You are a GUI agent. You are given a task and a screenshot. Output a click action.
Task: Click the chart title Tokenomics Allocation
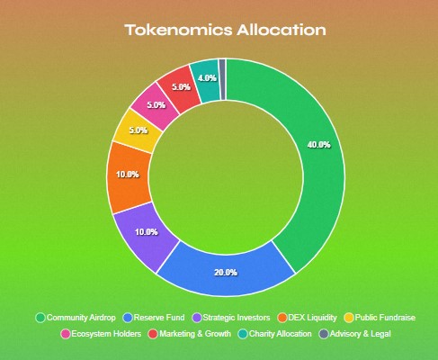click(225, 31)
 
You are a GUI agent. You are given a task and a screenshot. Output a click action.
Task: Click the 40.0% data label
click(318, 144)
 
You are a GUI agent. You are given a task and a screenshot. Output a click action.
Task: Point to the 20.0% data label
click(225, 273)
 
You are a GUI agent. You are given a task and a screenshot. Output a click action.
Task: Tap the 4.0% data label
click(206, 77)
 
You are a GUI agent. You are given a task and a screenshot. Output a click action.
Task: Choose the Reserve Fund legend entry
click(156, 318)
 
